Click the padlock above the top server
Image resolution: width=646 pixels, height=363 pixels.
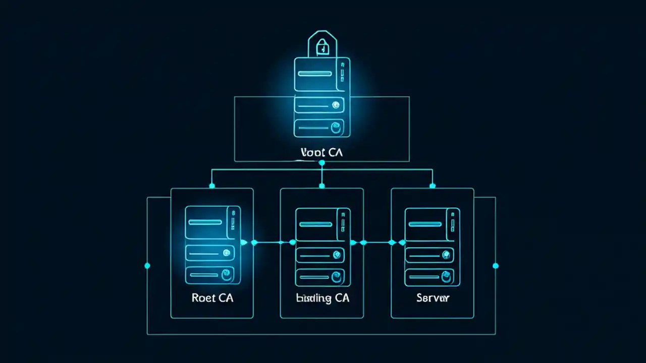[321, 45]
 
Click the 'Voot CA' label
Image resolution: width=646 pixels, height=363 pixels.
[321, 152]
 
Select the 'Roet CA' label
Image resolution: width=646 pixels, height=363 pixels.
[212, 298]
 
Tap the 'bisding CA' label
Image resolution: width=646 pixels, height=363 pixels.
[322, 298]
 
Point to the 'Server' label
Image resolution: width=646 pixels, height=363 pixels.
[433, 298]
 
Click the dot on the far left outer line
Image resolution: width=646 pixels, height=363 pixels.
[147, 266]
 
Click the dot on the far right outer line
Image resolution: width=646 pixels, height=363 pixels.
[495, 266]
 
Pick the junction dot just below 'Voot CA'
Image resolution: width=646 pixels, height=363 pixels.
[321, 163]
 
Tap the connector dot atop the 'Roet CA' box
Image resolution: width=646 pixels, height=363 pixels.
[212, 186]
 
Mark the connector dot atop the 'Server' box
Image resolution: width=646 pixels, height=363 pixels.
[432, 186]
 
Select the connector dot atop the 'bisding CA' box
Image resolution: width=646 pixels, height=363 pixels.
[321, 186]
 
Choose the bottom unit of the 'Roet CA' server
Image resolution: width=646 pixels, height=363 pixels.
[210, 275]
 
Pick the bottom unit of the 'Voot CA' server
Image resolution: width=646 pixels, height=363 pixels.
[319, 128]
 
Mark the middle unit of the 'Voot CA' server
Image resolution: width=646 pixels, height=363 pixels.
[319, 105]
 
